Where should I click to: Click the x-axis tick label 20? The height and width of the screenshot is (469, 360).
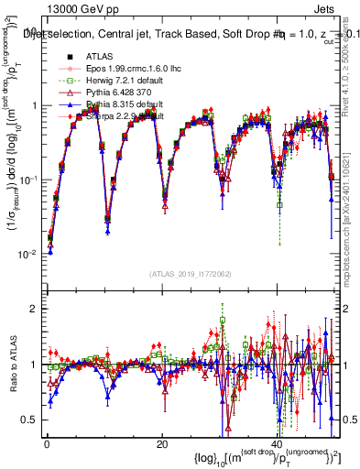161,442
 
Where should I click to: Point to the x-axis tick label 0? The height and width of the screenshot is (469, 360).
46,442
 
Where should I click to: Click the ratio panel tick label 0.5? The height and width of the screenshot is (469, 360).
30,420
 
